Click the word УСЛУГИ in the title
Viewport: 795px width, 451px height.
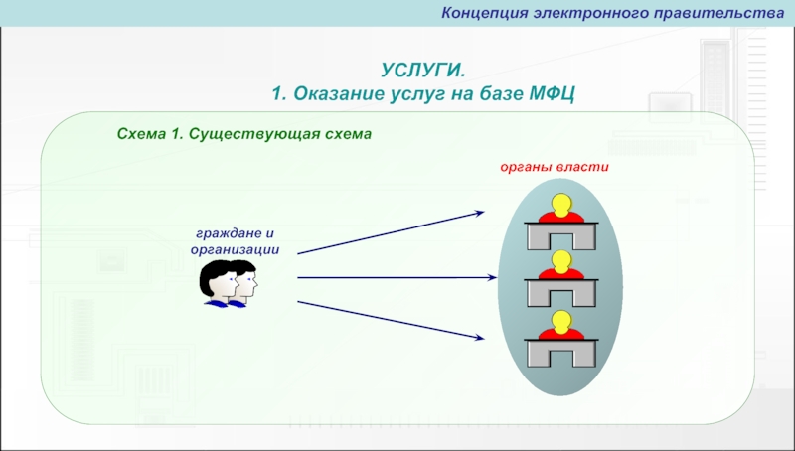(420, 70)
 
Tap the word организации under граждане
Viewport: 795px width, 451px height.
(236, 249)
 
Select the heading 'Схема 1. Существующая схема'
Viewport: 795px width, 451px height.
(243, 133)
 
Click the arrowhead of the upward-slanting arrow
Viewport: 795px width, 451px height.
(480, 212)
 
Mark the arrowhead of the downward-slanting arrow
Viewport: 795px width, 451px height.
(480, 339)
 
